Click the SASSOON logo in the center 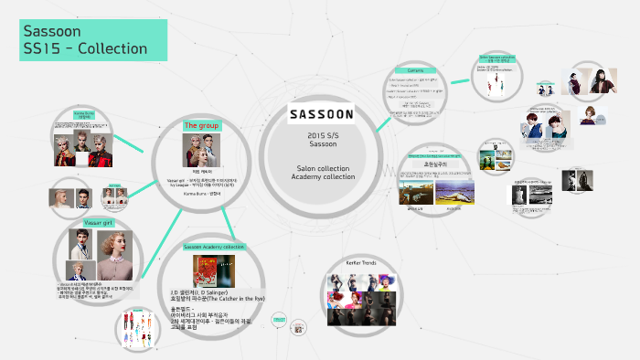pyautogui.click(x=321, y=115)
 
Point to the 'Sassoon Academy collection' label pyautogui.click(x=213, y=247)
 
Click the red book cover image pyautogui.click(x=207, y=271)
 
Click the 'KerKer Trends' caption pyautogui.click(x=361, y=262)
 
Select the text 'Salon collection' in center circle pyautogui.click(x=323, y=168)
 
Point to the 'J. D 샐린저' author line pyautogui.click(x=213, y=291)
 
